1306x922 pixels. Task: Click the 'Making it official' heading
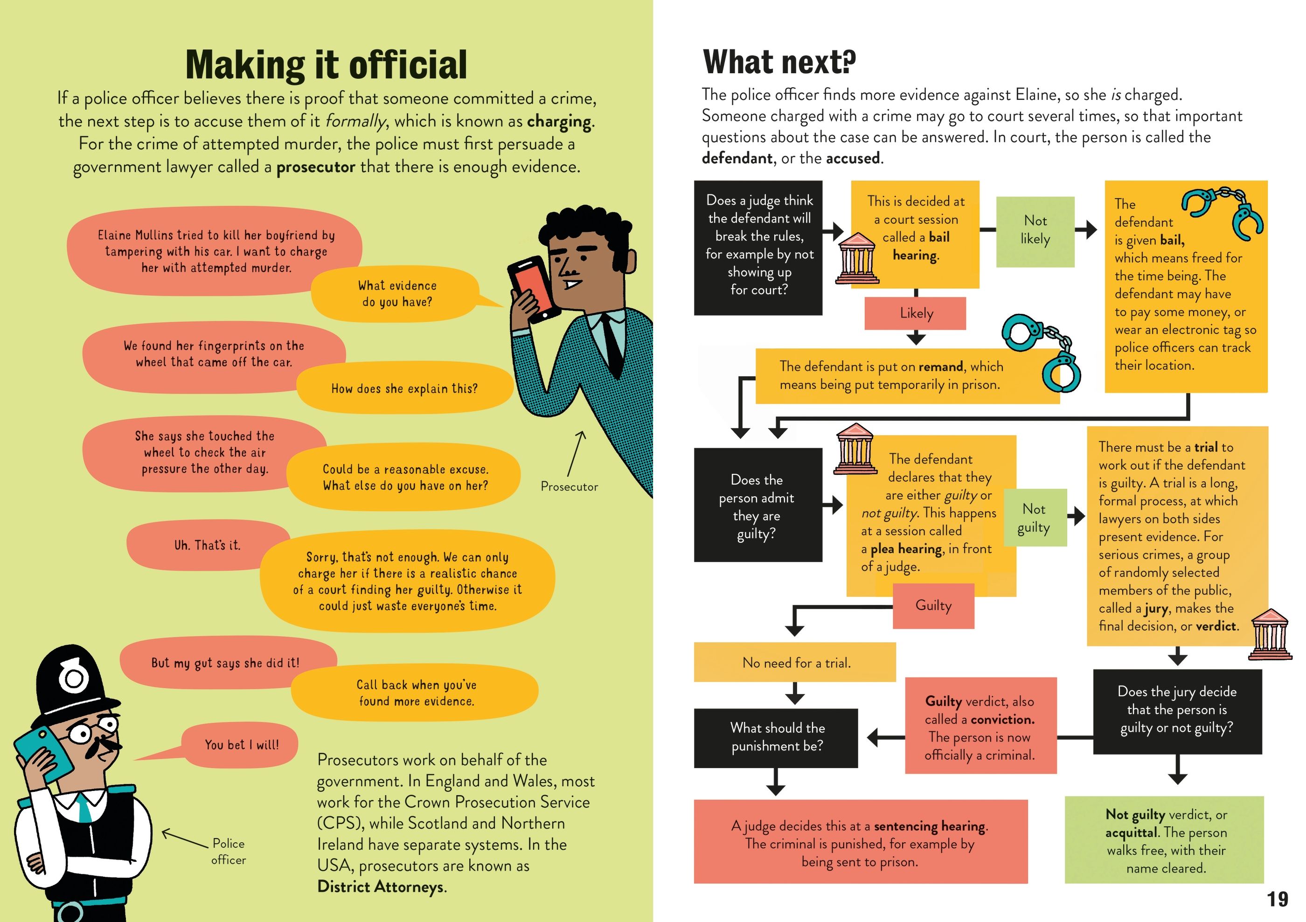tap(326, 64)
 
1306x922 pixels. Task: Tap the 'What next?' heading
tap(779, 62)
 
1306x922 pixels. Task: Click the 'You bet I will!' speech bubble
tap(241, 744)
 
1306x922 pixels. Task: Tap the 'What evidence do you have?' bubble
tap(397, 293)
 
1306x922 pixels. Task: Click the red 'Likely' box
tap(915, 313)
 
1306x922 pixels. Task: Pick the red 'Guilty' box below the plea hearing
tap(933, 605)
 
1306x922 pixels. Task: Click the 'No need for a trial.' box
tap(795, 663)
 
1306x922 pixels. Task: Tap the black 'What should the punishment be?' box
tap(776, 737)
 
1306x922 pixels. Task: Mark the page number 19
tap(1277, 899)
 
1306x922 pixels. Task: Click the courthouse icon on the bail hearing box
tap(857, 258)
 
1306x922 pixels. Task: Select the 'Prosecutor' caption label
tap(569, 486)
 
